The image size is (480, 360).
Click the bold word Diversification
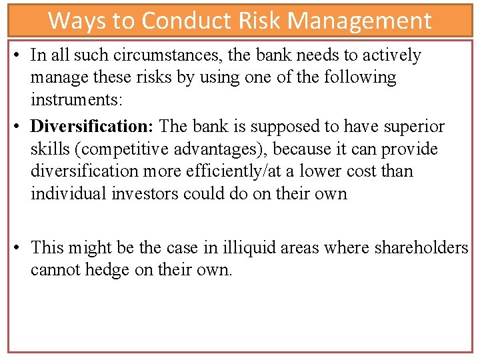pos(92,126)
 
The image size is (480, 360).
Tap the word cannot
pos(51,271)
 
